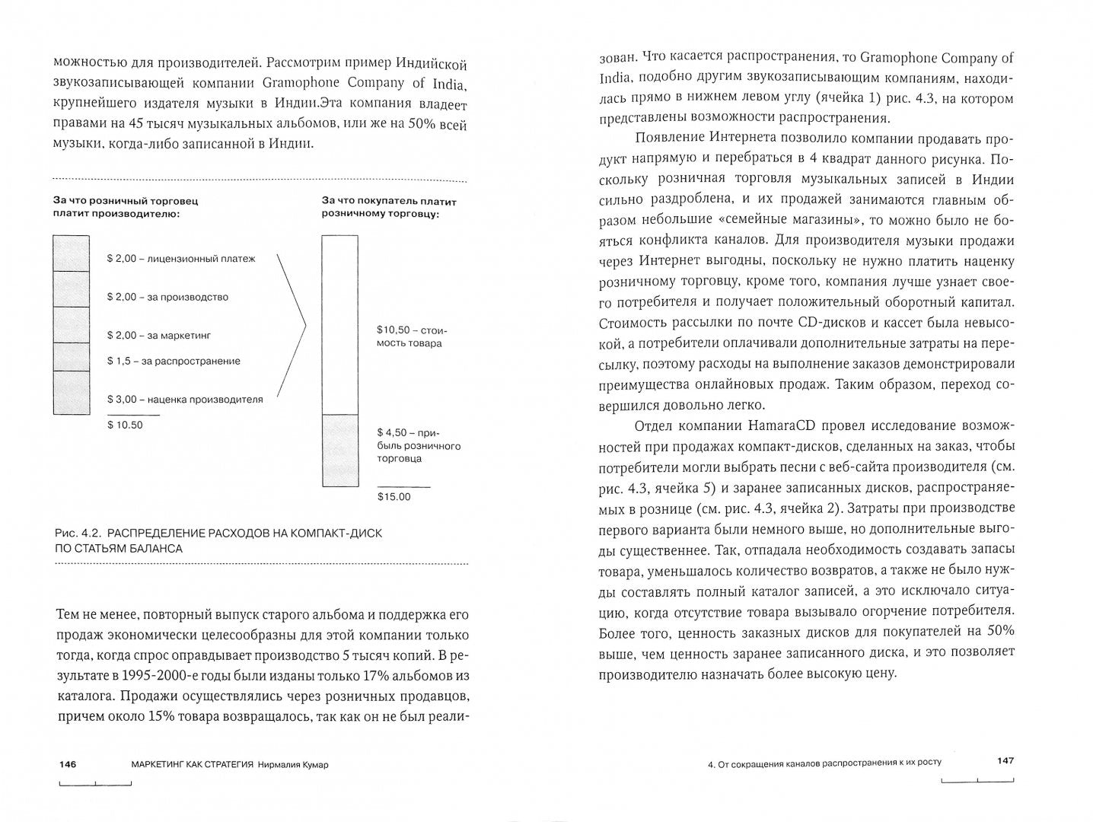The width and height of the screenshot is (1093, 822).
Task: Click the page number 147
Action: (1005, 760)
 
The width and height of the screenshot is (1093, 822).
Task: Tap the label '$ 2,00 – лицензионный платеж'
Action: (181, 259)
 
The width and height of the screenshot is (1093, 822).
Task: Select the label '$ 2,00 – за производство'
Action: (167, 297)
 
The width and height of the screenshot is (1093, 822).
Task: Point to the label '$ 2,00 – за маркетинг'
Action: (159, 335)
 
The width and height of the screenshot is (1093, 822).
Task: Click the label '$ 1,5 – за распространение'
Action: (174, 361)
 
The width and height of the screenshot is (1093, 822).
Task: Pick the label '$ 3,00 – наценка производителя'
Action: (185, 399)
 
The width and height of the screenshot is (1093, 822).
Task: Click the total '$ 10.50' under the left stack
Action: (125, 425)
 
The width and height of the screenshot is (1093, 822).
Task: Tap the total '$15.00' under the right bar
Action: (394, 497)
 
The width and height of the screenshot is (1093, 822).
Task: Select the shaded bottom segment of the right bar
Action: (339, 450)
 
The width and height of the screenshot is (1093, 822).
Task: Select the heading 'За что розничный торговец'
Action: (125, 201)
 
